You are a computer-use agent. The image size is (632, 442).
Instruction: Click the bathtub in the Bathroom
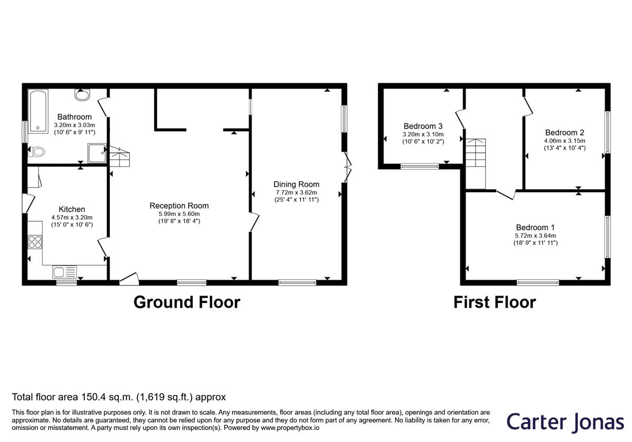click(x=38, y=111)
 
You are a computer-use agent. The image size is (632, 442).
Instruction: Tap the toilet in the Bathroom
click(x=37, y=152)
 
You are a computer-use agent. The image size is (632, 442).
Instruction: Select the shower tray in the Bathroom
click(x=97, y=153)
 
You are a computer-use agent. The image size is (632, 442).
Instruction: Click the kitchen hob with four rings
click(x=35, y=242)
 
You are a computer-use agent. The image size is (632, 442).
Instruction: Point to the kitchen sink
click(x=64, y=272)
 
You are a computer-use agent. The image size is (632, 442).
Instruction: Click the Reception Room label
click(x=179, y=206)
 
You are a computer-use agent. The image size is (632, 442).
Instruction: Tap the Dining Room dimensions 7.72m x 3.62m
click(x=296, y=192)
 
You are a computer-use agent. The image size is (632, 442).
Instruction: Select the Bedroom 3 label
click(x=423, y=126)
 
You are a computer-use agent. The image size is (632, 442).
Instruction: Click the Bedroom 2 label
click(x=565, y=132)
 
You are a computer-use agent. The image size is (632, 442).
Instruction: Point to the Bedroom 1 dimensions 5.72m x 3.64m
click(x=536, y=235)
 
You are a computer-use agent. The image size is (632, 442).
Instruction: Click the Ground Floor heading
click(x=187, y=302)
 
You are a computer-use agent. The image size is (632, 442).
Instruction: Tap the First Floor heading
click(x=495, y=302)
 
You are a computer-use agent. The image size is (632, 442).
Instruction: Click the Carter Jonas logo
click(x=565, y=422)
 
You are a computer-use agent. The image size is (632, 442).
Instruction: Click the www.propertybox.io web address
click(x=290, y=428)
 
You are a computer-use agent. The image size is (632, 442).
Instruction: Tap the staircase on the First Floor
click(x=476, y=163)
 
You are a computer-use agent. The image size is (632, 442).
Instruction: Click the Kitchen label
click(x=72, y=209)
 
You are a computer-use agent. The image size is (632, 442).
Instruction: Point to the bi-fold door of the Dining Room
click(x=348, y=168)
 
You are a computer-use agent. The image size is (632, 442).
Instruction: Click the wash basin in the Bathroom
click(x=82, y=94)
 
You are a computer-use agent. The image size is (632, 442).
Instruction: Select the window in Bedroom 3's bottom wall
click(x=420, y=166)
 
